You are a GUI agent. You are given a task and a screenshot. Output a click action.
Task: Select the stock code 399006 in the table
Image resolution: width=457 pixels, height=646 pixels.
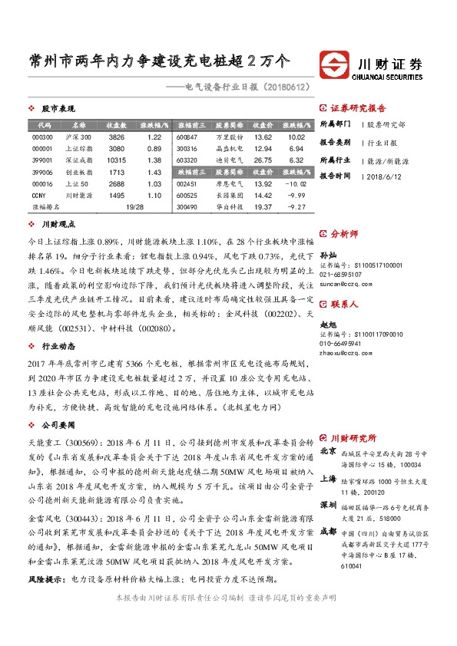(42, 173)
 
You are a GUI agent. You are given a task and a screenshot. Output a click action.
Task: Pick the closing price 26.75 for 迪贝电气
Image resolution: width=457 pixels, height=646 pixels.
(263, 160)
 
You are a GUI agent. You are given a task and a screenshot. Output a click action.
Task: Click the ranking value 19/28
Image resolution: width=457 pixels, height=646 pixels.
(135, 207)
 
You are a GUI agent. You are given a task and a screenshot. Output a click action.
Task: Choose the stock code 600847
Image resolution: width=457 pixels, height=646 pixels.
(187, 136)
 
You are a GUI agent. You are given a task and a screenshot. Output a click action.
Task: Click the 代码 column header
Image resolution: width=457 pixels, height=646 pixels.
(44, 124)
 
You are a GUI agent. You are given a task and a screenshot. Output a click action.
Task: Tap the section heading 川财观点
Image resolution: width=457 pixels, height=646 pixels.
(58, 226)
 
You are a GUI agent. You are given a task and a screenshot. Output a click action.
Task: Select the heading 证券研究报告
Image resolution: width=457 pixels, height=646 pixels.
(358, 108)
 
